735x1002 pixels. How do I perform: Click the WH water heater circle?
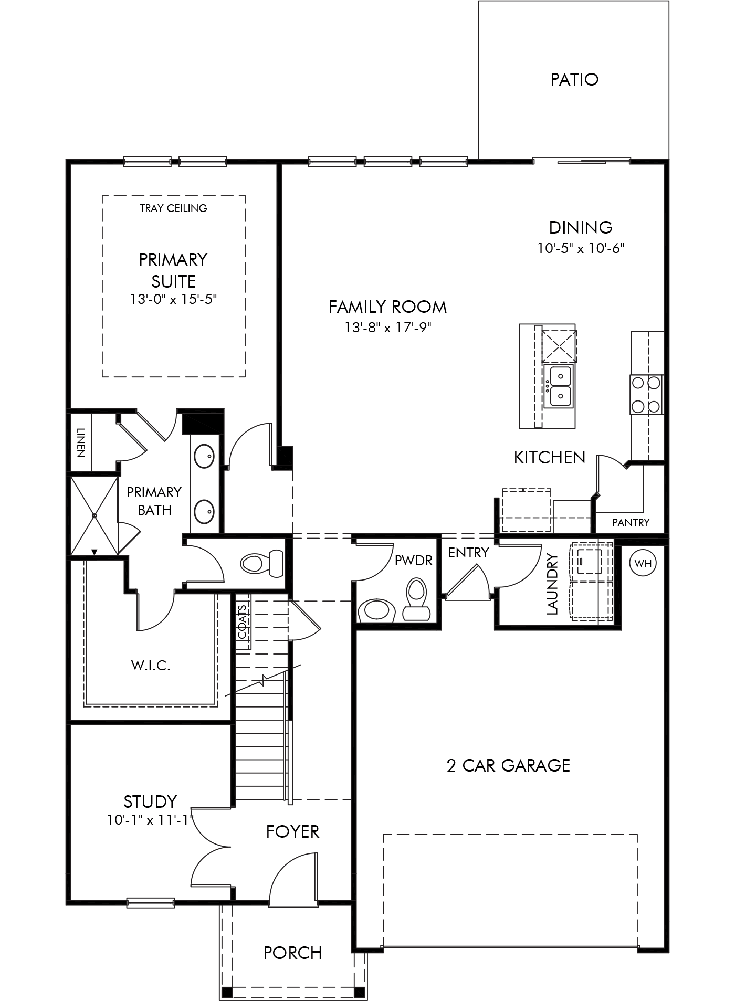pos(643,563)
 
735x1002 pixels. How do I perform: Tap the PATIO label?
pos(574,79)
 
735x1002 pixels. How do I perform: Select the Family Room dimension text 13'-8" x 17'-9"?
pos(388,328)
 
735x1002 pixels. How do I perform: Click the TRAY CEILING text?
pos(173,208)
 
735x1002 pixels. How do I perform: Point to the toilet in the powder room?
pos(417,599)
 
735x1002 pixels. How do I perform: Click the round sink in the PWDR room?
pos(376,611)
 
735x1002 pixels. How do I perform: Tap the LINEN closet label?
pos(81,442)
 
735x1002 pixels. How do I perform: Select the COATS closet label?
pos(243,622)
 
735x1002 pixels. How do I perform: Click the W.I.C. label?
pos(151,666)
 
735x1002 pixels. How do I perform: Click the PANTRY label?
pos(631,522)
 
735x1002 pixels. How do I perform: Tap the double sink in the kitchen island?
pos(559,387)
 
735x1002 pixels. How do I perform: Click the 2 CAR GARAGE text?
pos(508,765)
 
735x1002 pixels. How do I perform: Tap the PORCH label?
pos(292,953)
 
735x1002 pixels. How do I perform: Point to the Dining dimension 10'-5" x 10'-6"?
pos(580,248)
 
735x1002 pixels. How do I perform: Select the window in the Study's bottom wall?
pos(150,903)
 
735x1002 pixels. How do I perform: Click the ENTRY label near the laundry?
pos(468,552)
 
